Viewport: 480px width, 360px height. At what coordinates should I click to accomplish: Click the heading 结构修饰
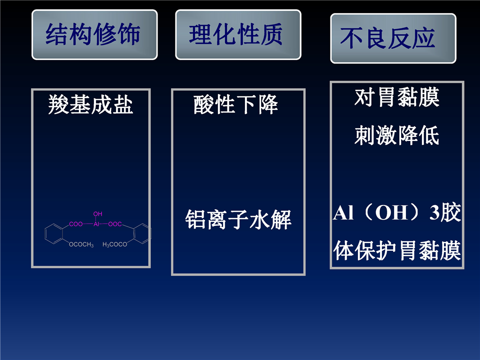(93, 34)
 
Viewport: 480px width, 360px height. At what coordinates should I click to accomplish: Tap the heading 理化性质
(235, 34)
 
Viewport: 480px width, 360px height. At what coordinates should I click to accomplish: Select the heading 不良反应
(387, 38)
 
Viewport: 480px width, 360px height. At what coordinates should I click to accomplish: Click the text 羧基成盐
(90, 104)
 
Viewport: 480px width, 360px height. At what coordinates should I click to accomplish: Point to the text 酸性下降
(235, 104)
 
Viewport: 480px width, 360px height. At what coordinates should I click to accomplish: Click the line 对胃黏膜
(397, 97)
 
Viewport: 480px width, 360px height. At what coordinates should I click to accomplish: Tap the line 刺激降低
(397, 135)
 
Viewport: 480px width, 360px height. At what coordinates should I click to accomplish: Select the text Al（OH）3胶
(397, 212)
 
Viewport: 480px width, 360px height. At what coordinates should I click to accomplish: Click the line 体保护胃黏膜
(397, 250)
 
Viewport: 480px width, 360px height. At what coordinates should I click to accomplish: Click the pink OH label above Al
(97, 214)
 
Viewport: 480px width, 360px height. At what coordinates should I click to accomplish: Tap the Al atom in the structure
(96, 224)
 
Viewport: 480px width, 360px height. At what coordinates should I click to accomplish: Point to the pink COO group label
(76, 224)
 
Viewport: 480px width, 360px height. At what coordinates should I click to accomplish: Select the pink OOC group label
(115, 224)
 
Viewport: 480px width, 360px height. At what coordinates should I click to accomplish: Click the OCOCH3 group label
(81, 244)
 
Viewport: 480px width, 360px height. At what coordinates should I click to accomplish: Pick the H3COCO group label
(115, 244)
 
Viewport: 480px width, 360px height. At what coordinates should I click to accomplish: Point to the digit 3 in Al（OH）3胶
(434, 213)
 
